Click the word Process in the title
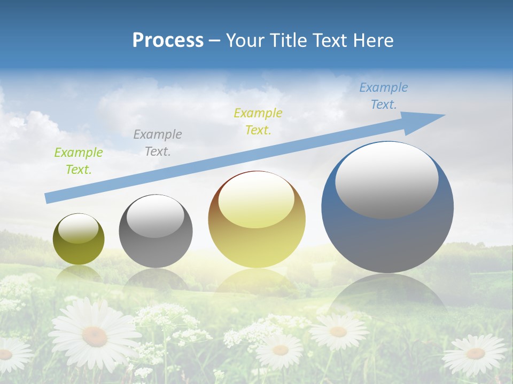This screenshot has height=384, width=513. pos(168,41)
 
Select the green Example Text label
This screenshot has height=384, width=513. pos(78,161)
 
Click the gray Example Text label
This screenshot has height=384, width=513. pos(158,143)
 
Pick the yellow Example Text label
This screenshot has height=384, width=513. pos(258,121)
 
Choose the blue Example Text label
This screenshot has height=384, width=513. pos(384,96)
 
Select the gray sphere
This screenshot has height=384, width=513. pos(156,245)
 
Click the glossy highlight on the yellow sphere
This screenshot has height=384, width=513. pos(256,199)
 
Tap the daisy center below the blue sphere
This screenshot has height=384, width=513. pos(338,332)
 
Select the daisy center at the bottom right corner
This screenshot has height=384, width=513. pos(475,353)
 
